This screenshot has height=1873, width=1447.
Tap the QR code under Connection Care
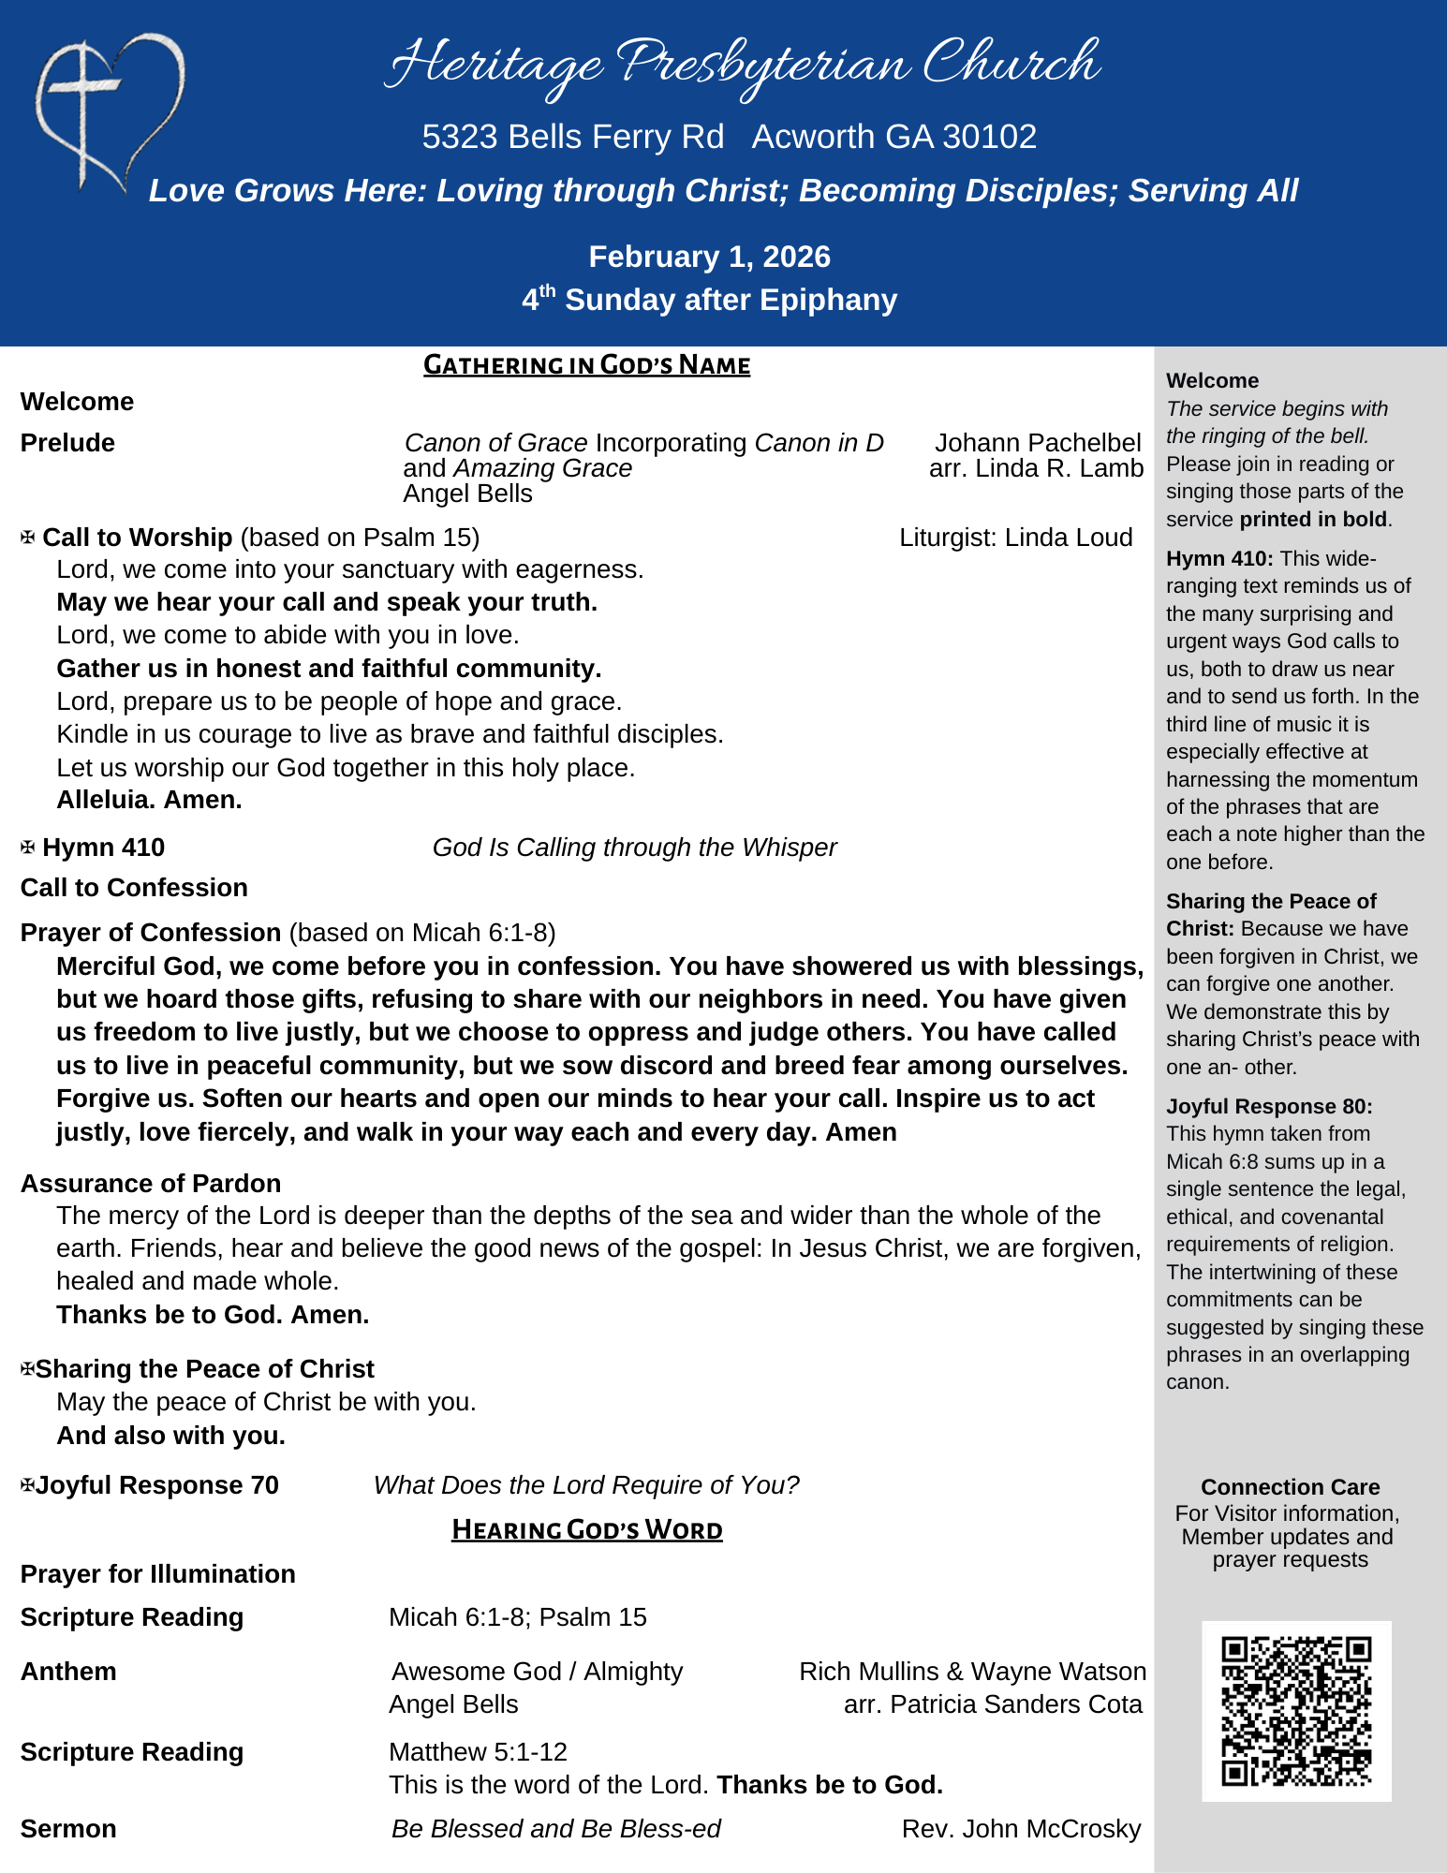coord(1296,1710)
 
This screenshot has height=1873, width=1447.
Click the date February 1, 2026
coord(709,257)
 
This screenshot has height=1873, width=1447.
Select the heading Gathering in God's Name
coord(586,364)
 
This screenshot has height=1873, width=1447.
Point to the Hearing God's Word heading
coord(586,1529)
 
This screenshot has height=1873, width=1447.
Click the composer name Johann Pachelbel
coord(1038,443)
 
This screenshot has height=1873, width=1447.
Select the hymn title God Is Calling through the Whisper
coord(634,848)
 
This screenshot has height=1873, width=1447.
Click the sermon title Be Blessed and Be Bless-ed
coord(556,1829)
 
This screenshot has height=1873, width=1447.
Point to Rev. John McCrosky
coord(1021,1829)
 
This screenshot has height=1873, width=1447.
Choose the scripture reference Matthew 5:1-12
coord(478,1751)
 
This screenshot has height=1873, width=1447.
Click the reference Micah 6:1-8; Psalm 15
coord(517,1617)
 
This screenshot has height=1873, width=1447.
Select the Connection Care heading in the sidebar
coord(1290,1487)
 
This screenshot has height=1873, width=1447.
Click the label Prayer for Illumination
coord(157,1574)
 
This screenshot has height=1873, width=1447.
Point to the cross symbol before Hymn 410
coord(28,848)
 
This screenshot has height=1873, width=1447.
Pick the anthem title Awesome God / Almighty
coord(537,1672)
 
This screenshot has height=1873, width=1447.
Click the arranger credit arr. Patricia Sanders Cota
coord(993,1704)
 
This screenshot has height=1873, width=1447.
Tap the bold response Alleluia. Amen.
coord(149,800)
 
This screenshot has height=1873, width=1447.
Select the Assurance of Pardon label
coord(150,1184)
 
